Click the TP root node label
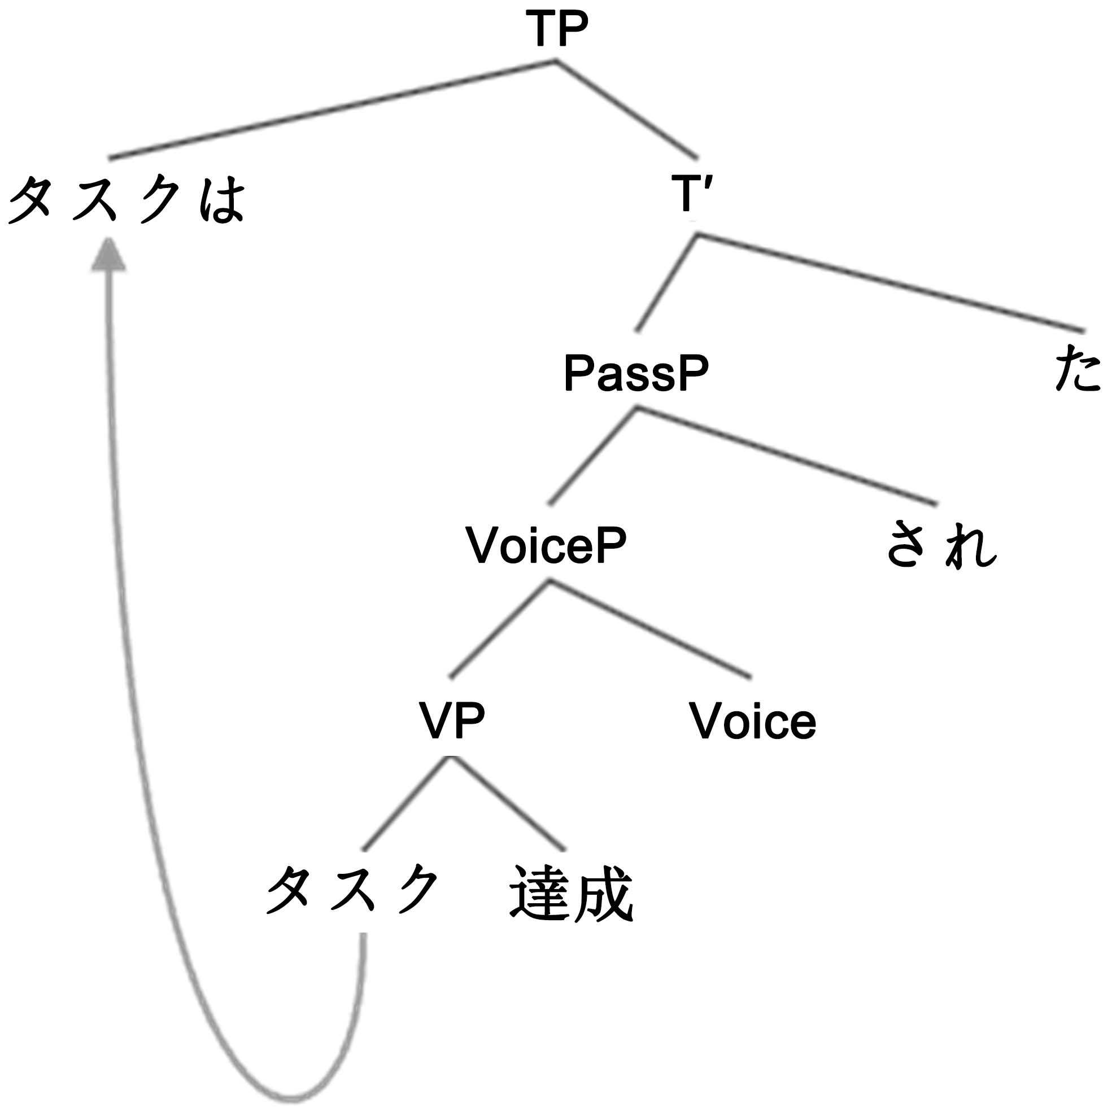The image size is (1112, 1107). pos(557,30)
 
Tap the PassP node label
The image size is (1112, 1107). pos(636,374)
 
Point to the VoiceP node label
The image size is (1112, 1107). pos(547,545)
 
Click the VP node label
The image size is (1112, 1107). pos(452,720)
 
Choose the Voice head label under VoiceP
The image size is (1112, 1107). pos(753,720)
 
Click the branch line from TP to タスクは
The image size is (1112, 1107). pos(333,110)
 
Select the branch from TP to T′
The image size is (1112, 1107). pos(627,110)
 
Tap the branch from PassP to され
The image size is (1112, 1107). pos(786,456)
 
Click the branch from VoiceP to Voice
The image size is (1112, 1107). pos(651,628)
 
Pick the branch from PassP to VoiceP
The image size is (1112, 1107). pos(593,456)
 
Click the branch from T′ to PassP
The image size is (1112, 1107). pos(666,283)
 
